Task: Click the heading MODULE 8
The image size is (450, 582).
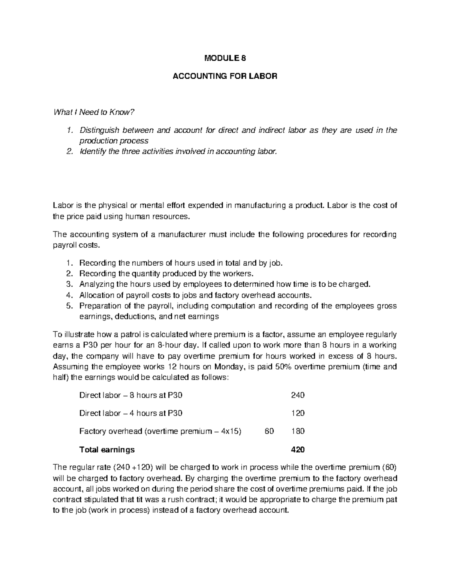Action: coord(225,58)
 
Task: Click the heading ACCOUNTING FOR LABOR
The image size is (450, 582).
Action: coord(225,76)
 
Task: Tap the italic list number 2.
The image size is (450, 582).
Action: coord(68,151)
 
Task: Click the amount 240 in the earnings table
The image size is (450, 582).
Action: coord(298,395)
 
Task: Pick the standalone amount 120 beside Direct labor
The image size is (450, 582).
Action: coord(298,413)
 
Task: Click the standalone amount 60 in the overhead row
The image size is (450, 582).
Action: coord(269,431)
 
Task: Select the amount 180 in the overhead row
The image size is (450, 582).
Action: coord(298,431)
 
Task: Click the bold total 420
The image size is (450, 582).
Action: coord(298,449)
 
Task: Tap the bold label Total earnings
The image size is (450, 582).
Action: coord(107,449)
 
